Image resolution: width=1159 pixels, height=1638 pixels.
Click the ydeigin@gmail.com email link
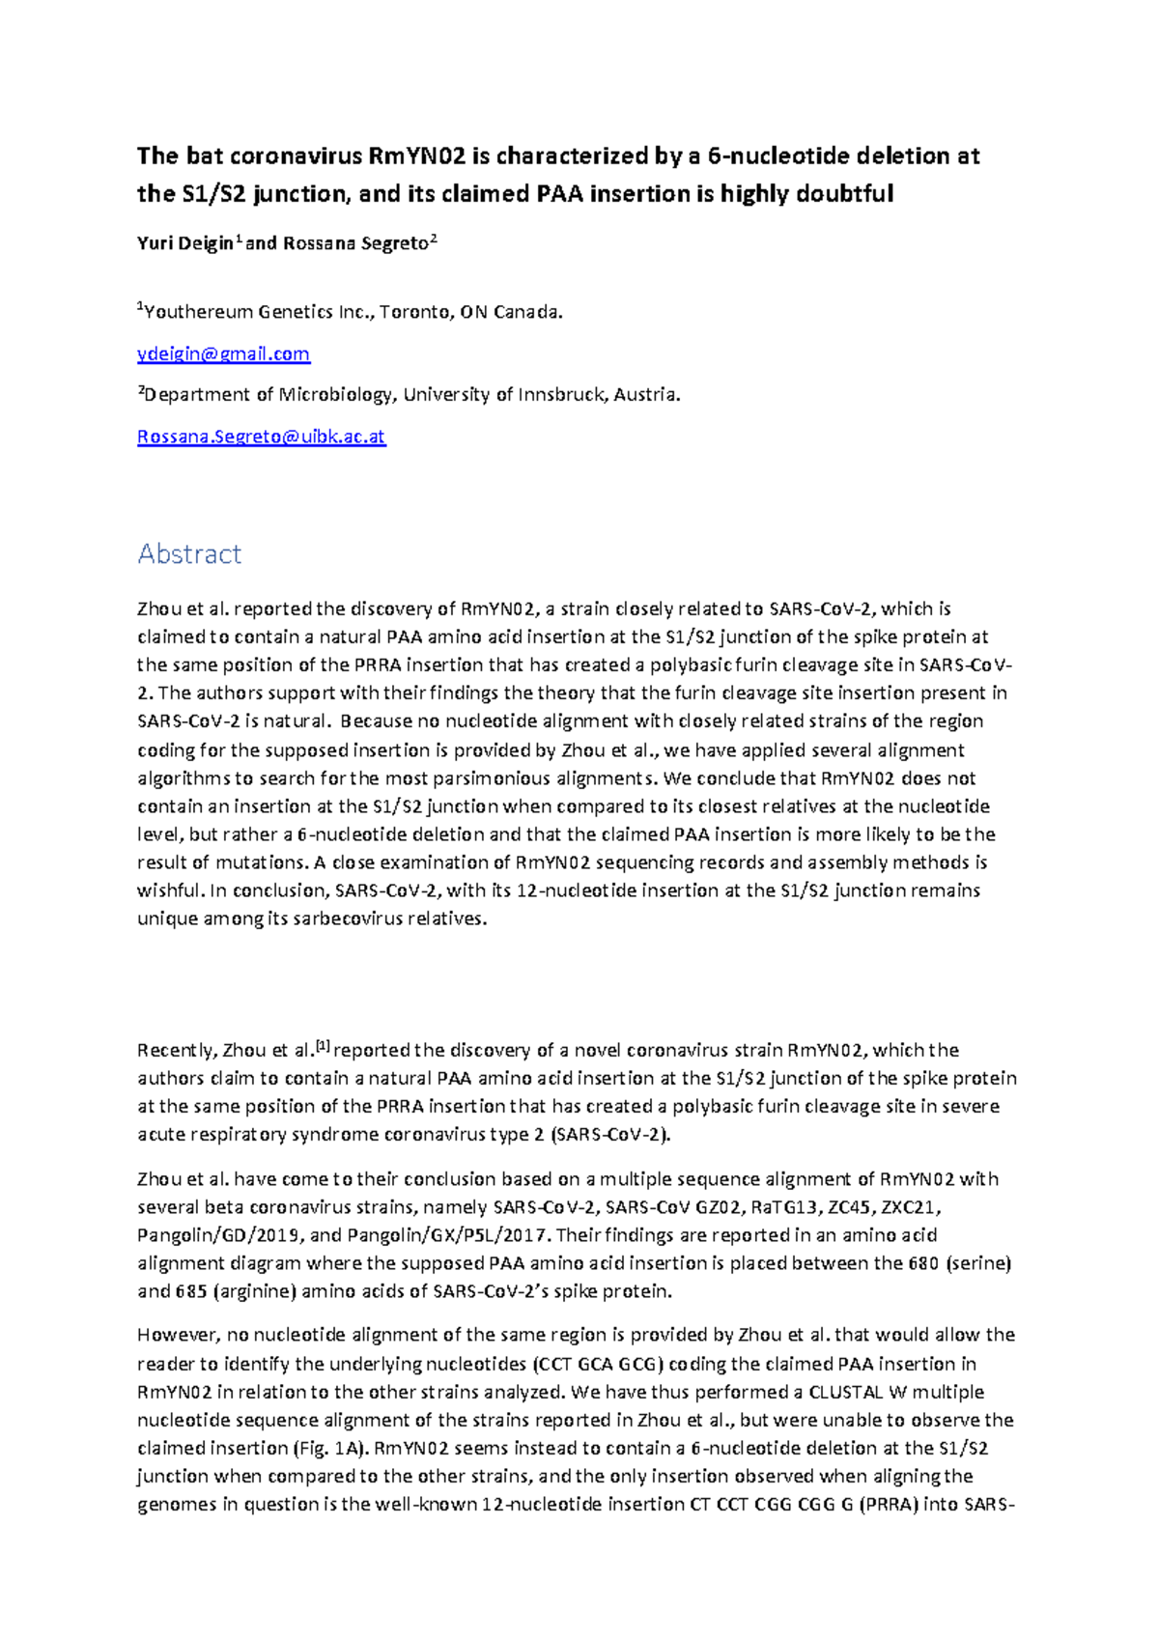tap(223, 353)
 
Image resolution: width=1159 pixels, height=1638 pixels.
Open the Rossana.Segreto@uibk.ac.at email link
tap(261, 437)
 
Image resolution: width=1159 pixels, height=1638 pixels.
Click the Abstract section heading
tap(189, 553)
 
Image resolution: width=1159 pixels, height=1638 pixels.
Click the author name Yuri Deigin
tap(184, 243)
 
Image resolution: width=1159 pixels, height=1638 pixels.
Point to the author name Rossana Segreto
tap(354, 243)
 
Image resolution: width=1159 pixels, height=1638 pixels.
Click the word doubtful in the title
tap(844, 194)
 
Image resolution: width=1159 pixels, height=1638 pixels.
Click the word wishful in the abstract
tap(170, 890)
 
